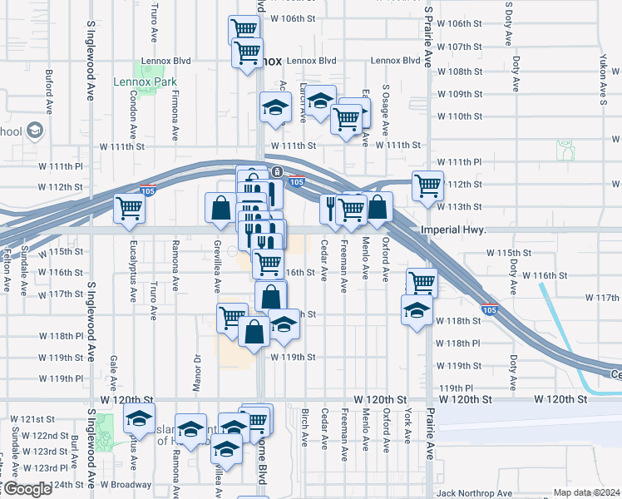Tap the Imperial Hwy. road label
(x=452, y=228)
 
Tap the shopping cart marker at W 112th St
(x=427, y=185)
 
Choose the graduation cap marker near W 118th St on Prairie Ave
(x=417, y=312)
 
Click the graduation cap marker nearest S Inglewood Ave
(x=139, y=418)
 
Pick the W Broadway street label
(x=126, y=484)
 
